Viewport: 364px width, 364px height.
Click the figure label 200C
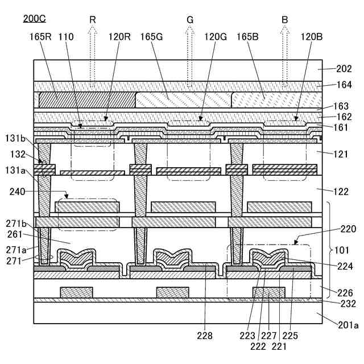coord(35,18)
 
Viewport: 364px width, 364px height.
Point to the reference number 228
coord(205,336)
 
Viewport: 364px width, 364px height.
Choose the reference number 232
coord(344,304)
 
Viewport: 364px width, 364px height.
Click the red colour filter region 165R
coord(85,100)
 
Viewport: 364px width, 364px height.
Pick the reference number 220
coord(348,229)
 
